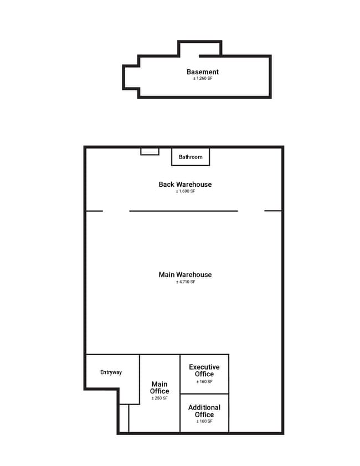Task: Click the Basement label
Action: click(203, 72)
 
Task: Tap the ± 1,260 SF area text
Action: click(203, 79)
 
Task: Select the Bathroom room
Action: click(191, 157)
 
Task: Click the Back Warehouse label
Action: click(185, 185)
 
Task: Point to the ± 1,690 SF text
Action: click(186, 191)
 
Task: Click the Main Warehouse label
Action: click(185, 275)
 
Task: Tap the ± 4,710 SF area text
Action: click(186, 281)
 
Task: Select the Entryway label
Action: click(111, 372)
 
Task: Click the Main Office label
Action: click(160, 387)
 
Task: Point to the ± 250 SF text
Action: click(160, 398)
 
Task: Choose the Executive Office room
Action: click(204, 374)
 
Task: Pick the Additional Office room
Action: click(204, 413)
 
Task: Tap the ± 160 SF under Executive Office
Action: click(204, 382)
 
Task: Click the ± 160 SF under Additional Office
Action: click(204, 421)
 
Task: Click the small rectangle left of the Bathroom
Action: click(150, 152)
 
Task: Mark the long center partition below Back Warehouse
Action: click(183, 211)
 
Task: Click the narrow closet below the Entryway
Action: click(124, 418)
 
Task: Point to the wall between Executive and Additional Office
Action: click(204, 394)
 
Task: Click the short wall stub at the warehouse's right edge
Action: click(273, 211)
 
